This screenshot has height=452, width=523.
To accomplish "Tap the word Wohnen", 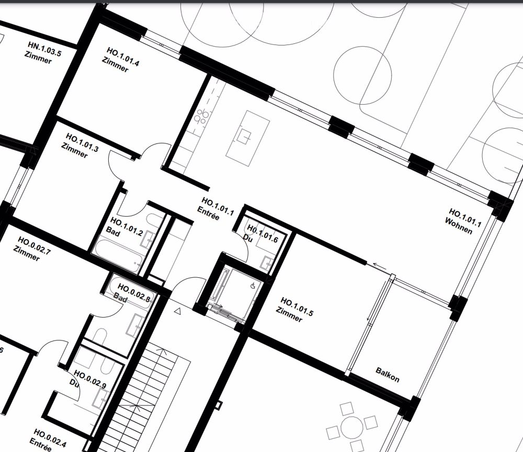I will tap(459, 227).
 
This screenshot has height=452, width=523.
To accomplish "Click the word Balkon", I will tap(388, 374).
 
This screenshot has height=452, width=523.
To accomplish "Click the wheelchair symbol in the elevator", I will tap(253, 286).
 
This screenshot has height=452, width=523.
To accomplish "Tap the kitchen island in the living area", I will tap(247, 138).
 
